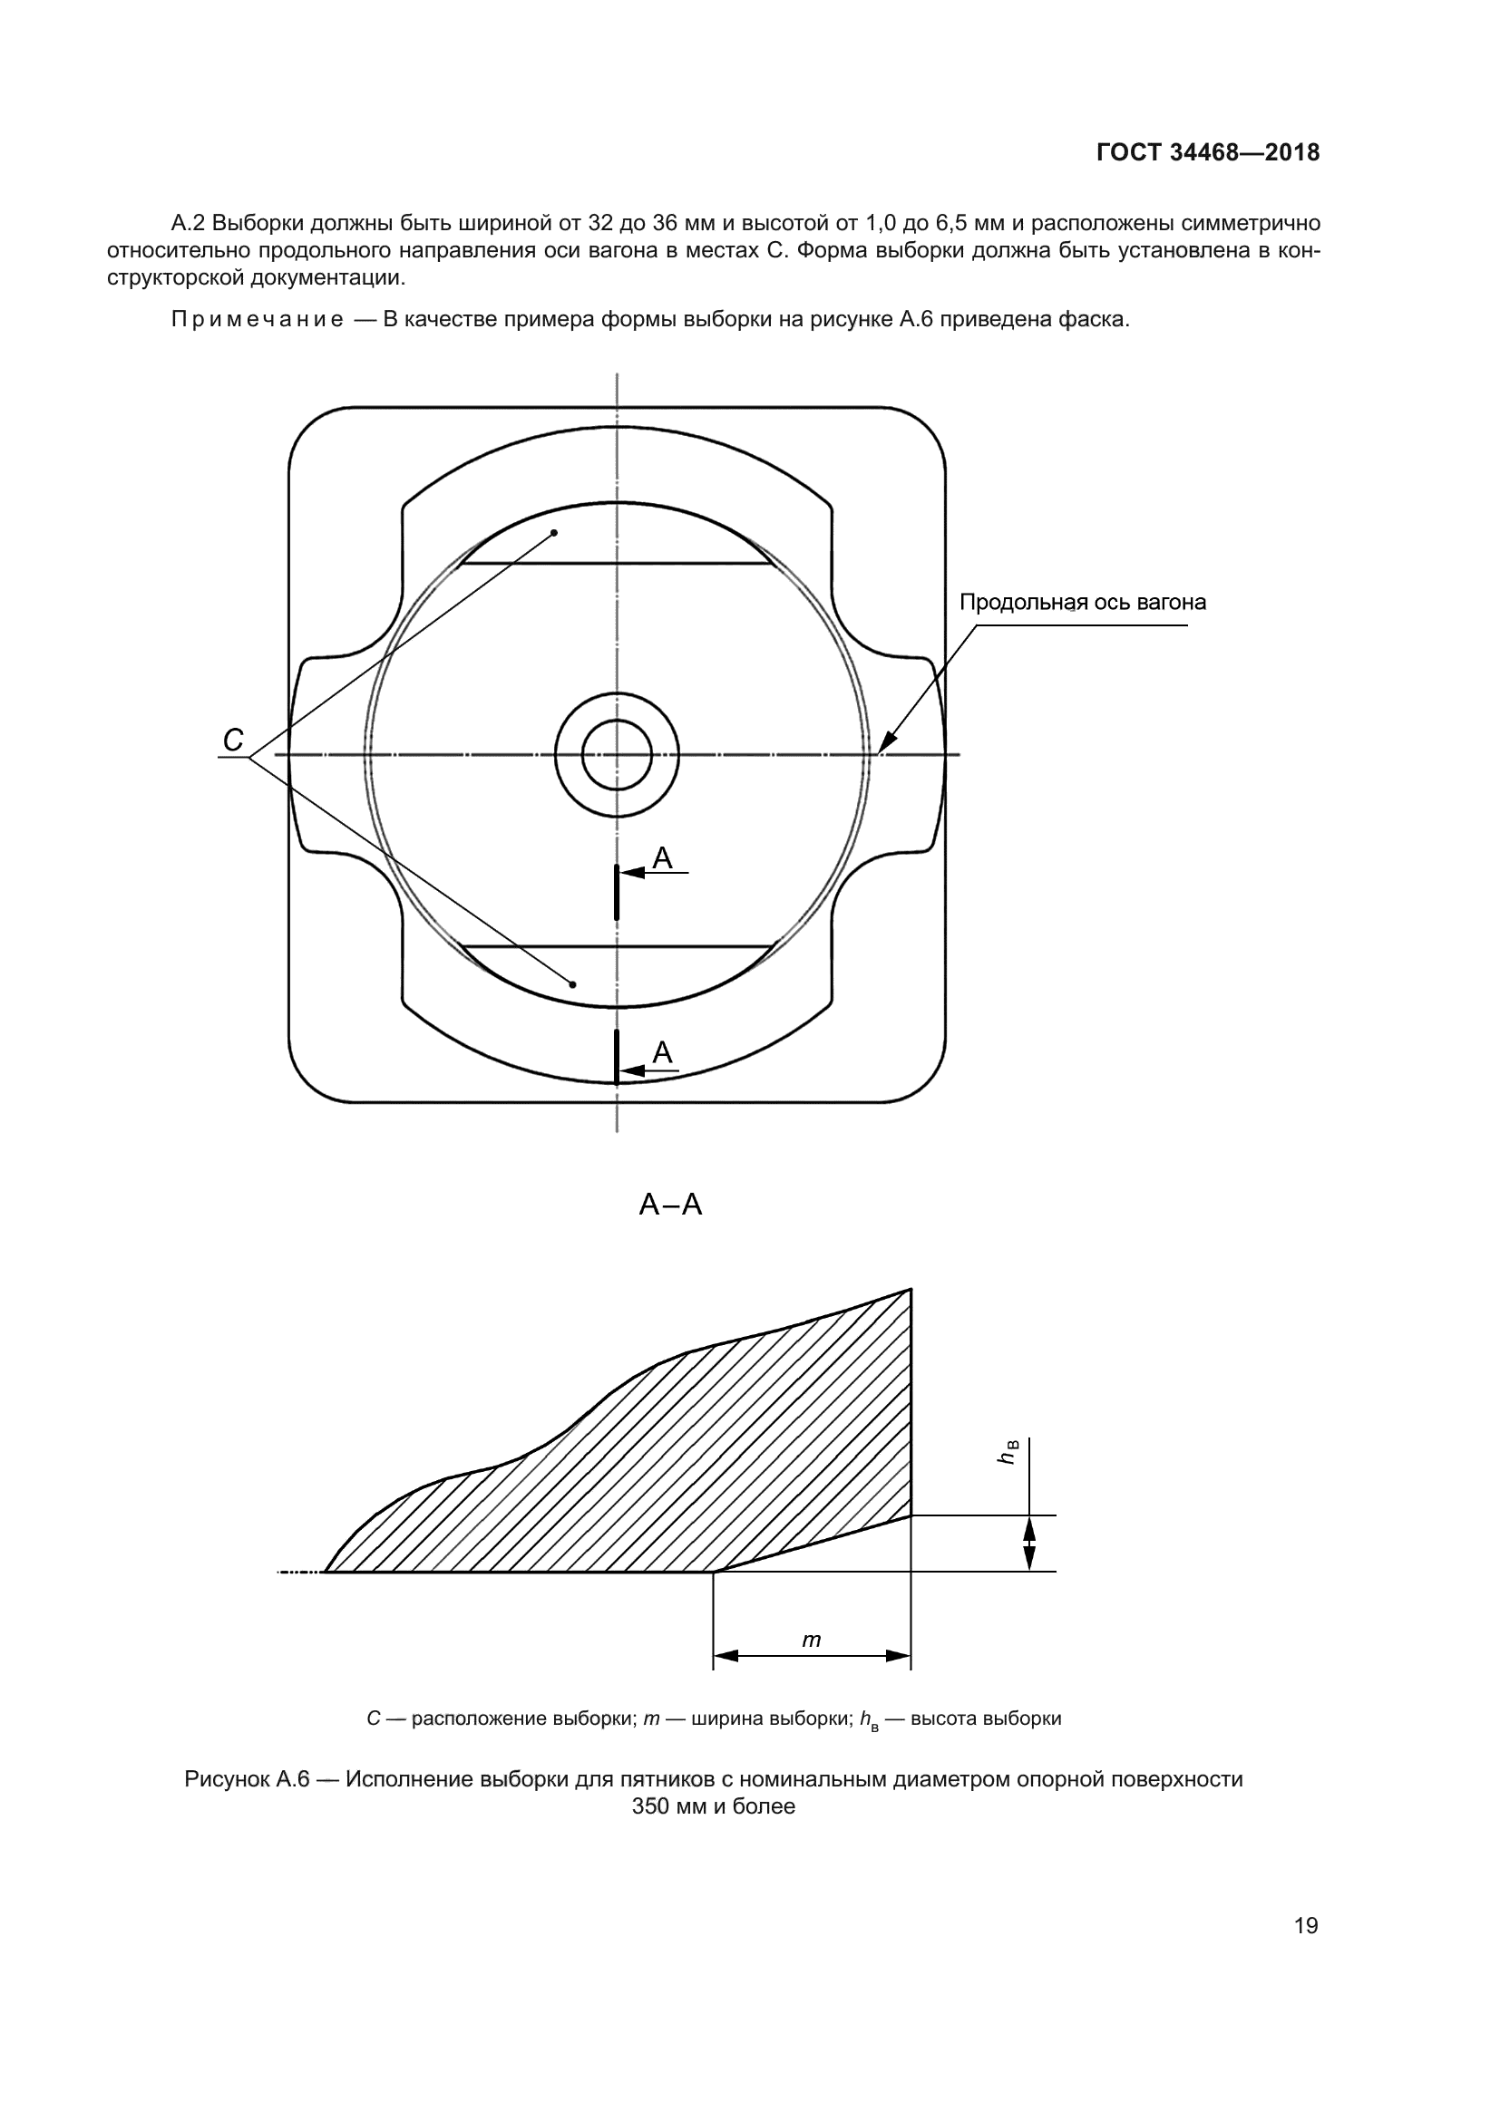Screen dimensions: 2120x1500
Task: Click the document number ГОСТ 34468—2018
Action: click(1207, 153)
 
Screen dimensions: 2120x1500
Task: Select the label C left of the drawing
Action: click(233, 740)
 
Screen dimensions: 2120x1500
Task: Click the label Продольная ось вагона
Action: click(1083, 603)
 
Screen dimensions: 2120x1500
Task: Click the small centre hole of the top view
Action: click(617, 755)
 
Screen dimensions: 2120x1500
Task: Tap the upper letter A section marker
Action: click(663, 858)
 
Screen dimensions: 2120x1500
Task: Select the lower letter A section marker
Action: click(662, 1052)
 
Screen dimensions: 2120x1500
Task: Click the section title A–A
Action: click(670, 1205)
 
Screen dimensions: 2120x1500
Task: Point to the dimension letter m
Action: click(811, 1640)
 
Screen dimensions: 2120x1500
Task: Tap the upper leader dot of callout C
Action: click(554, 533)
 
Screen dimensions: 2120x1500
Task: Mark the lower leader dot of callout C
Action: click(572, 984)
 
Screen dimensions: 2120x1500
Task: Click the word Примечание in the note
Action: click(258, 320)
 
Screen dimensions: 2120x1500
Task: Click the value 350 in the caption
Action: click(650, 1807)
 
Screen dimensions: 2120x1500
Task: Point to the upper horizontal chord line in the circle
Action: click(617, 563)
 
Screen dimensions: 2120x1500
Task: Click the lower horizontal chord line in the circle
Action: click(617, 946)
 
